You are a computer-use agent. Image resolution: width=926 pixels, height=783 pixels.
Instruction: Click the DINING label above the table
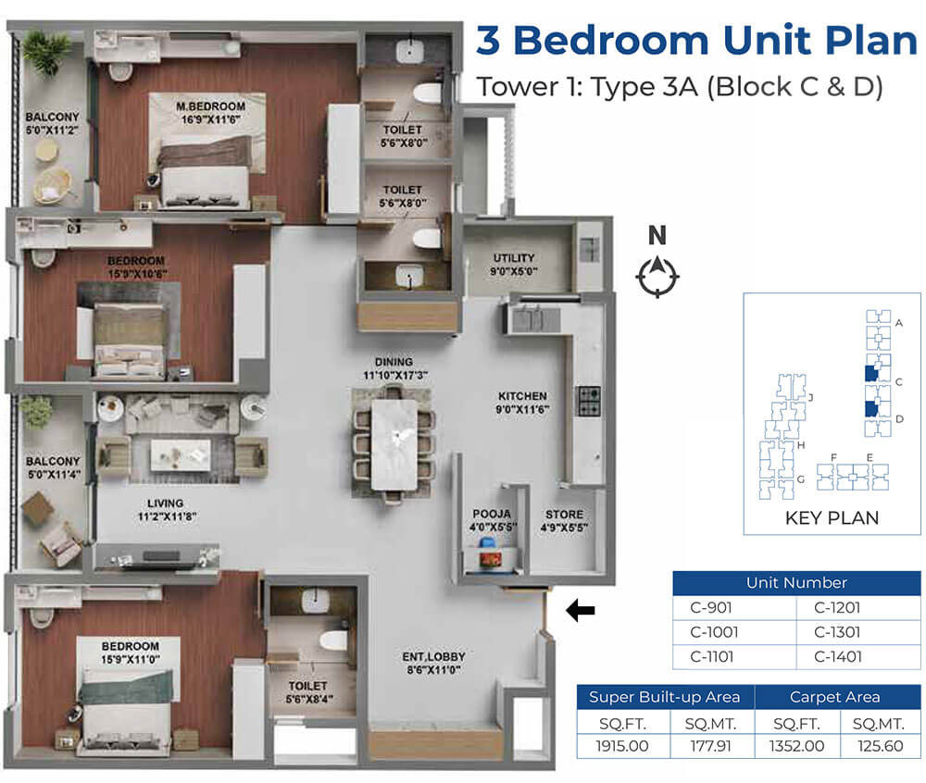[x=394, y=362]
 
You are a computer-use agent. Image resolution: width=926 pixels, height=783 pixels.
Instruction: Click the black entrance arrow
[x=580, y=610]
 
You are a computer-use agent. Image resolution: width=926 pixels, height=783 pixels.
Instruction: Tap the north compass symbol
[x=657, y=277]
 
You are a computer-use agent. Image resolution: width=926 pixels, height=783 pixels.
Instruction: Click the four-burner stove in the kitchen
[x=589, y=402]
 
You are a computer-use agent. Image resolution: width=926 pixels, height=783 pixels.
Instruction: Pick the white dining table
[x=394, y=445]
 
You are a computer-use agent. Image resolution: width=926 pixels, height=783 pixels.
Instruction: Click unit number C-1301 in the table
[x=837, y=632]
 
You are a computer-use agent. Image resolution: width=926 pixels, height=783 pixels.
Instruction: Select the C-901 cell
[x=711, y=607]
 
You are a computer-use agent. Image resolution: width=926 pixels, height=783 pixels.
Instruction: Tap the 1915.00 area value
[x=622, y=746]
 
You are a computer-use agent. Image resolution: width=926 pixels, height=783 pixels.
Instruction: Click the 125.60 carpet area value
[x=880, y=746]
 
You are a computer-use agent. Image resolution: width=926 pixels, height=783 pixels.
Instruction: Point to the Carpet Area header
[x=834, y=697]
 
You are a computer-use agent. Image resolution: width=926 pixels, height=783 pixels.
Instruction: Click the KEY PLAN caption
[x=832, y=517]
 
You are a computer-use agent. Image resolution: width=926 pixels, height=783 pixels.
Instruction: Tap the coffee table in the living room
[x=181, y=455]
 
